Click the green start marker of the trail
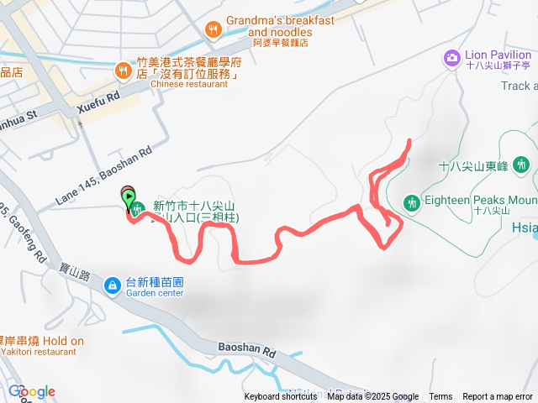(129, 200)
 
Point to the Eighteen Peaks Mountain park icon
(412, 201)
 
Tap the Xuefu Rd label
(98, 97)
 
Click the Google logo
(32, 391)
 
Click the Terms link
(440, 397)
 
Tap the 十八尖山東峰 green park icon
(521, 165)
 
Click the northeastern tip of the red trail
(409, 140)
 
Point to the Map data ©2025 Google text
(373, 397)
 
